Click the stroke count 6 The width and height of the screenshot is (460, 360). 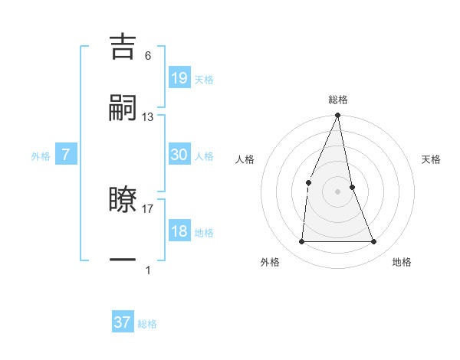point(148,55)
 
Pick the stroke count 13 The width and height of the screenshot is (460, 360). point(148,116)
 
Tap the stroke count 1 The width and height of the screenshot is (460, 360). point(148,270)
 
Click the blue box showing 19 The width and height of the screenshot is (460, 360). point(179,77)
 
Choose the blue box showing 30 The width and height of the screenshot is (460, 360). point(179,155)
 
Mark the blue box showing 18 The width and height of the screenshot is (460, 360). point(179,231)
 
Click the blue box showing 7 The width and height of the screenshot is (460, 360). point(66,155)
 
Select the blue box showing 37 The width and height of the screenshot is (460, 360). point(123,322)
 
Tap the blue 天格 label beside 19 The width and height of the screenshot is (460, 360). point(204,79)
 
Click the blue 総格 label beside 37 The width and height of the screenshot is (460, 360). point(147,324)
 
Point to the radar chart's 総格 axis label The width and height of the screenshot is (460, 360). point(338,100)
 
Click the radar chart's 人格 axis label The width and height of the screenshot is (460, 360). point(245,159)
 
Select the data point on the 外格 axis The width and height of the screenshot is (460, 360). point(301,242)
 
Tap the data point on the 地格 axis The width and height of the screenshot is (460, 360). point(374,242)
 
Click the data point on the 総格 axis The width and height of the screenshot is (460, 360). point(338,116)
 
